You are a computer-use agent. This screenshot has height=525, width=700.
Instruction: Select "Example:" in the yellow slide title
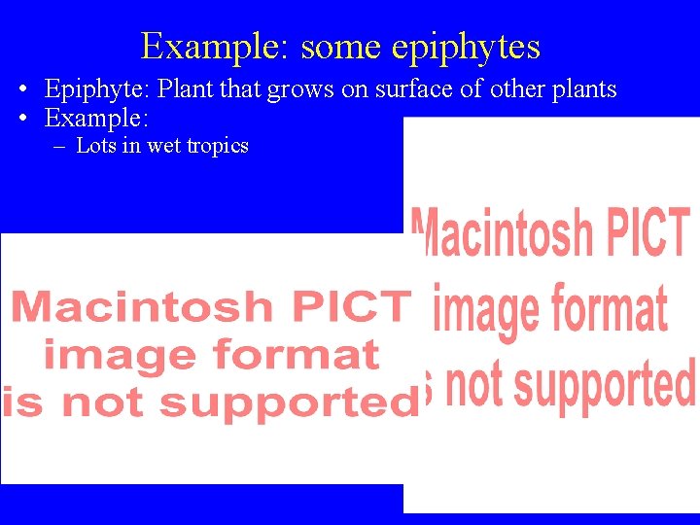tap(216, 47)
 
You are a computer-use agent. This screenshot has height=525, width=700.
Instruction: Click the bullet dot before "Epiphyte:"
tap(21, 90)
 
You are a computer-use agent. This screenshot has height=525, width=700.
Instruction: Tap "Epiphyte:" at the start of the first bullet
tap(97, 89)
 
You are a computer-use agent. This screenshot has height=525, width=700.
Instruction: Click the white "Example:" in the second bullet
tap(96, 120)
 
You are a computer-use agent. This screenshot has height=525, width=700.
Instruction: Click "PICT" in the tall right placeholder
tap(638, 233)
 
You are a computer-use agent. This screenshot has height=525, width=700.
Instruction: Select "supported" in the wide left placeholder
tap(288, 402)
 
